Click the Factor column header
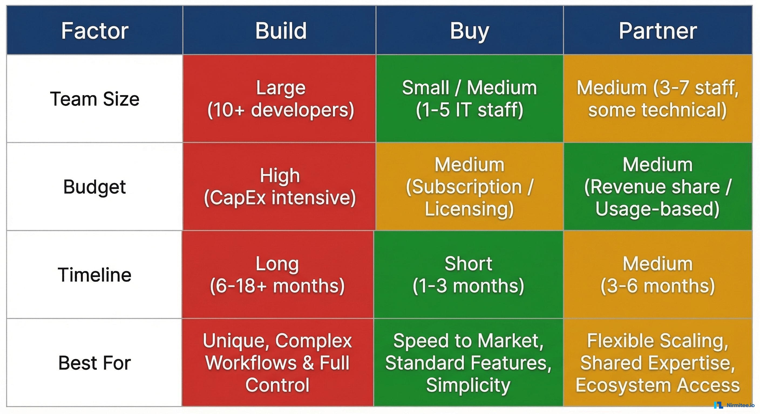[x=95, y=31]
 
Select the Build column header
[x=281, y=31]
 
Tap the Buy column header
[x=469, y=31]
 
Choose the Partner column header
[x=658, y=31]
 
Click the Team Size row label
[x=95, y=99]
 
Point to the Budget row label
[x=95, y=187]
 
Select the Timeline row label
[x=95, y=275]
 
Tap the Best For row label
[x=95, y=363]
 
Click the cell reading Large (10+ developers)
[x=281, y=99]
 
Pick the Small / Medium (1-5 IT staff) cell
[x=469, y=99]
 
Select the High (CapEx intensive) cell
[x=280, y=187]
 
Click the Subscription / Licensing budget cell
[x=469, y=187]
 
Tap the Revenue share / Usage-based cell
[x=658, y=187]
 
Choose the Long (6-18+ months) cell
[x=277, y=275]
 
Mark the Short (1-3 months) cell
[x=468, y=275]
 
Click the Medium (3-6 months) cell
[x=658, y=275]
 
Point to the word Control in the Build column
[x=277, y=385]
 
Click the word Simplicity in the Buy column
[x=468, y=385]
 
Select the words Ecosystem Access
[x=658, y=385]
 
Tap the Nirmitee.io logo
[x=734, y=405]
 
